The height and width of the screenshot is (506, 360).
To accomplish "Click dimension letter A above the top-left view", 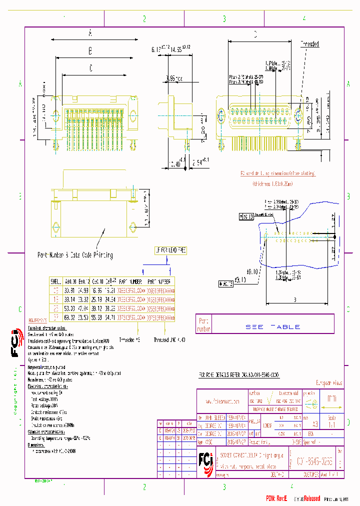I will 90,33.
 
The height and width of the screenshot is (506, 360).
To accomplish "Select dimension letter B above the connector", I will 90,51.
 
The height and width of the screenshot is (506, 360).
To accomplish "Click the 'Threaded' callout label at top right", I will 309,44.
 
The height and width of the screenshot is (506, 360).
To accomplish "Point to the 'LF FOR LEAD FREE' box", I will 170,250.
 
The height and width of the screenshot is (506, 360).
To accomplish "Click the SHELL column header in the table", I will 55,281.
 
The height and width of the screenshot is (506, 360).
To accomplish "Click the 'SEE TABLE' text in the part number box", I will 272,326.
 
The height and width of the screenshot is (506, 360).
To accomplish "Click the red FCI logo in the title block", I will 205,458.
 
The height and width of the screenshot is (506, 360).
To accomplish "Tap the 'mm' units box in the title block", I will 331,399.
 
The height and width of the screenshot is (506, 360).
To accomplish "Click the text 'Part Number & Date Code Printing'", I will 75,255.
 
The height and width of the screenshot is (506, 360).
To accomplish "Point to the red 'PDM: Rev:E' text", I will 279,498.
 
